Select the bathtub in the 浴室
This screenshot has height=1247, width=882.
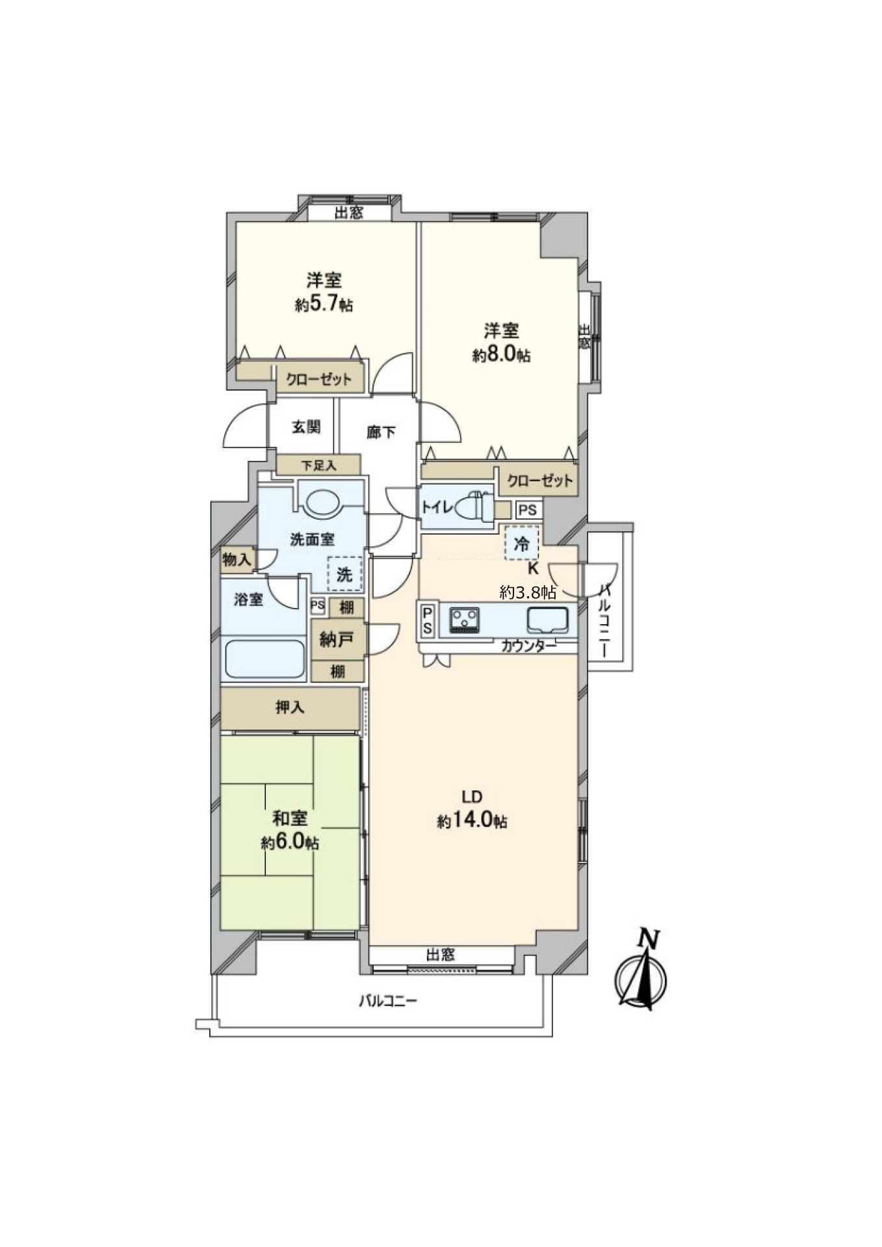tap(265, 659)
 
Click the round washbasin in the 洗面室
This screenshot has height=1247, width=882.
tap(323, 502)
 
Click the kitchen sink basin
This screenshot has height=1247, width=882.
tap(547, 620)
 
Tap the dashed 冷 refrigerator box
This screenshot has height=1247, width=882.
tap(522, 543)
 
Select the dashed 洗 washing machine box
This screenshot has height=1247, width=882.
tap(344, 573)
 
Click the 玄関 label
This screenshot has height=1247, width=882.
tap(305, 427)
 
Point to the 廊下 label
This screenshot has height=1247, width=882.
tap(381, 432)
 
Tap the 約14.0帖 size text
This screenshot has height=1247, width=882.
tap(472, 822)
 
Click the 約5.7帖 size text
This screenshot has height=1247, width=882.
tap(324, 305)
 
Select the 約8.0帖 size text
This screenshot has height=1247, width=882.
tap(501, 355)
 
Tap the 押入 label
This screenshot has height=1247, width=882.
tap(290, 707)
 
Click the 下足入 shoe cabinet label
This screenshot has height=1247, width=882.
tap(318, 465)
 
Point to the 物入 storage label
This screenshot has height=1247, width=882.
tap(237, 559)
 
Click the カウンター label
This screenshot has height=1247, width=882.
tap(528, 646)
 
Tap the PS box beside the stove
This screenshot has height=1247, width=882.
tap(428, 620)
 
